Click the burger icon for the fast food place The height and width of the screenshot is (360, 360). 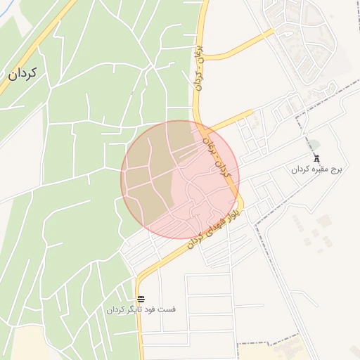point(141,300)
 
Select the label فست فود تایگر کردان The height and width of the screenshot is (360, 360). point(141,310)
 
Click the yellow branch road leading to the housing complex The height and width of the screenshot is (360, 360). point(239,44)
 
